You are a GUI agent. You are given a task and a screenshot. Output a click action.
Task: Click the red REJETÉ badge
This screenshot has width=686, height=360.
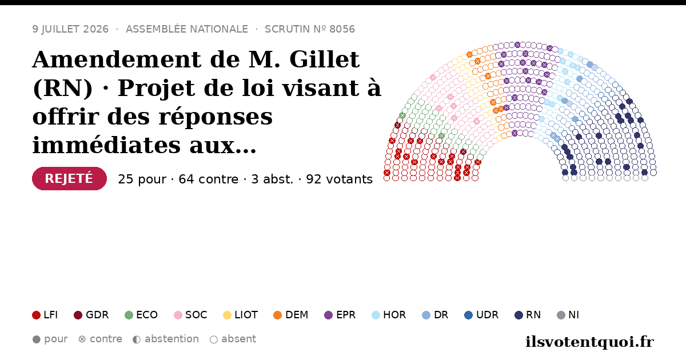(69, 178)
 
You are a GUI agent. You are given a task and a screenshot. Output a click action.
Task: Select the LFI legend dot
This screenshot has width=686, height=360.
(36, 315)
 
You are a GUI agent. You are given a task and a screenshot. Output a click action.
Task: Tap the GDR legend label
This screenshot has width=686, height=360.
(97, 315)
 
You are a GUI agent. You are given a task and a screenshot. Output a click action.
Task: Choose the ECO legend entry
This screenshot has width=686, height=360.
(141, 315)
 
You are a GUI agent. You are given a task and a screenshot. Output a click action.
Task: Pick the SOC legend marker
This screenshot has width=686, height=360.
(178, 315)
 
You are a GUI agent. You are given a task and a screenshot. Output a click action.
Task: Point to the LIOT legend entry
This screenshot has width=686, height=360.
(241, 315)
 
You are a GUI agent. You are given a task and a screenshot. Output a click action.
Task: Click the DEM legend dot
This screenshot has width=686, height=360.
(277, 315)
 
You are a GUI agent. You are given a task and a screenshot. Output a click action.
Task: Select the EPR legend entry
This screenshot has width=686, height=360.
(340, 315)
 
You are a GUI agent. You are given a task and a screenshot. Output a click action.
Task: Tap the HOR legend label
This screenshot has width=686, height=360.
(394, 315)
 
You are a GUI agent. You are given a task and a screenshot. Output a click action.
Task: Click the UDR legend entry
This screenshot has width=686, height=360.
(481, 315)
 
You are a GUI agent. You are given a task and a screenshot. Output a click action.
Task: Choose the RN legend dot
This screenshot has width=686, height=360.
(519, 315)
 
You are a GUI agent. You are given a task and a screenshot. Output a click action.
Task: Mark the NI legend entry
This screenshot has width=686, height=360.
(568, 315)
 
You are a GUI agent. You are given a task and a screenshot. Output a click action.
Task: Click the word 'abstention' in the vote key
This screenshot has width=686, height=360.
(172, 339)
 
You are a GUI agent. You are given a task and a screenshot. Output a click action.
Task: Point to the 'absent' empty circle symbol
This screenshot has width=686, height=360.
(214, 339)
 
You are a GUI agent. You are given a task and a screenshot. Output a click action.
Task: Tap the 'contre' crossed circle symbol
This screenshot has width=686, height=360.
(82, 339)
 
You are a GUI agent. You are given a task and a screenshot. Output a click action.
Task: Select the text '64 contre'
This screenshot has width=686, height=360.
(209, 179)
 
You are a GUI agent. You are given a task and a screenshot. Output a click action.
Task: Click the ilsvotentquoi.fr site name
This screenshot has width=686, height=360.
(590, 342)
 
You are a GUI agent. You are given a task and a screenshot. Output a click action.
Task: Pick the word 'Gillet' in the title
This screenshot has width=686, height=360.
(324, 59)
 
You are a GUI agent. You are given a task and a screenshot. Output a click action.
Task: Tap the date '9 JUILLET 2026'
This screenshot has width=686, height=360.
(70, 29)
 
